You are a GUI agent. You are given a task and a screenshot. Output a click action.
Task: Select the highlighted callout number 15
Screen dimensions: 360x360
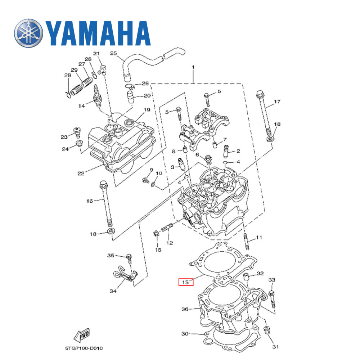pyautogui.click(x=186, y=282)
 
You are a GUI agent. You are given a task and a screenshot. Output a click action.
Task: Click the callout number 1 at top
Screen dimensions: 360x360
pyautogui.click(x=193, y=67)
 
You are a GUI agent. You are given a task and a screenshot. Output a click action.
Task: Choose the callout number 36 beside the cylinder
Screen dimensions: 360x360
pyautogui.click(x=185, y=309)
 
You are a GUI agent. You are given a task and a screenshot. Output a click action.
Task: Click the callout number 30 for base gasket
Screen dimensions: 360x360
pyautogui.click(x=185, y=334)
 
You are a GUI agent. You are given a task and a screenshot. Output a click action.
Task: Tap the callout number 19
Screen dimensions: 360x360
pyautogui.click(x=147, y=110)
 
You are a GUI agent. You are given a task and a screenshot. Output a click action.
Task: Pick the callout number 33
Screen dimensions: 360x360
pyautogui.click(x=272, y=280)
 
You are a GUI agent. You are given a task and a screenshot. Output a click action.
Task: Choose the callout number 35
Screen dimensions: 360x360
pyautogui.click(x=111, y=256)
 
